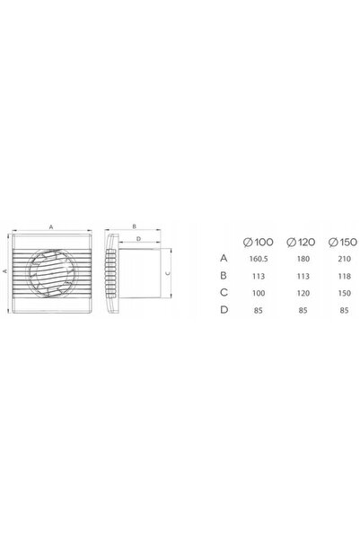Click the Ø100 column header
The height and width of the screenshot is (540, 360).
point(259,242)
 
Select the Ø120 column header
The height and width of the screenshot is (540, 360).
point(301,242)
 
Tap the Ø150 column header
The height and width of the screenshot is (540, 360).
point(343,242)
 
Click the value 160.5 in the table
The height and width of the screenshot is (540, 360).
point(259,259)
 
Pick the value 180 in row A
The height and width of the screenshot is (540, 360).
point(303,259)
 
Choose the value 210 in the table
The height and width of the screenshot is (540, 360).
point(344,259)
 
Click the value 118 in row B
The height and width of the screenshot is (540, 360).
point(344,276)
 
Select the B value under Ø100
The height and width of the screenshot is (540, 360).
point(259,276)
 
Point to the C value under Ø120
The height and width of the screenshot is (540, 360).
point(303,293)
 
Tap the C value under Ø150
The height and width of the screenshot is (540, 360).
point(344,293)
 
